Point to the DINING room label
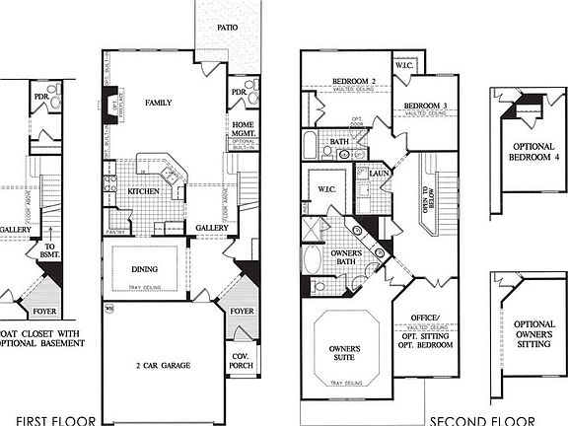pyautogui.click(x=144, y=267)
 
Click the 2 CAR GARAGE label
pyautogui.click(x=163, y=365)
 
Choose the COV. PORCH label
pyautogui.click(x=242, y=360)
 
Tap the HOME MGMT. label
pyautogui.click(x=243, y=129)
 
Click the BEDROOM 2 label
pyautogui.click(x=355, y=80)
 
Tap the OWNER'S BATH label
pyautogui.click(x=345, y=258)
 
